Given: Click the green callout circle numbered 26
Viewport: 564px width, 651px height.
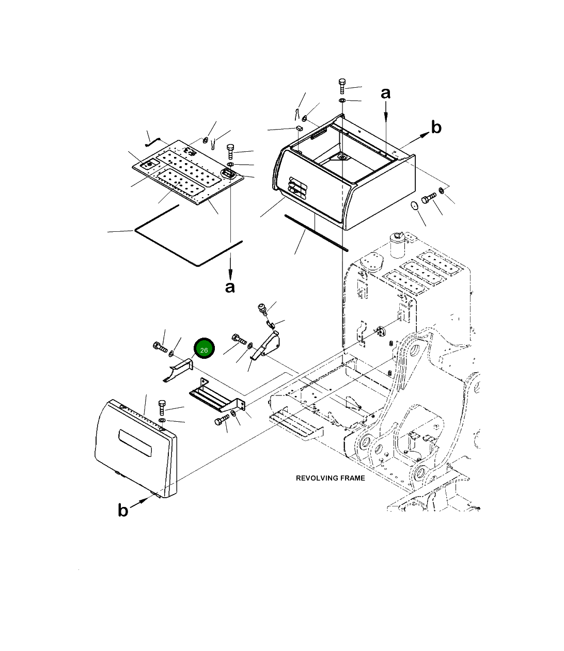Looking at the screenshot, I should pos(204,350).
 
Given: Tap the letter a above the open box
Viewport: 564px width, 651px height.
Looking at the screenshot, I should pos(386,93).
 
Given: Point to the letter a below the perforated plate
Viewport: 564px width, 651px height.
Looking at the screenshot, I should pos(230,287).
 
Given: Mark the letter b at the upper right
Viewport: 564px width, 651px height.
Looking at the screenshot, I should pos(436,127).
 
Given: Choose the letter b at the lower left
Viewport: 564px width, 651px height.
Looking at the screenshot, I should pos(122,510).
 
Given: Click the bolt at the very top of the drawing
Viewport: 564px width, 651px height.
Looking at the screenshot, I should pos(342,86).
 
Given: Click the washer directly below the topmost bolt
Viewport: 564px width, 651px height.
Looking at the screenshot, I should pos(342,100).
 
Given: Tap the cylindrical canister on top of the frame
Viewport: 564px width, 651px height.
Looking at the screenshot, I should pos(398,244).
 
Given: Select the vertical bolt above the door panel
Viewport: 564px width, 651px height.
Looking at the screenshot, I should pos(162,407).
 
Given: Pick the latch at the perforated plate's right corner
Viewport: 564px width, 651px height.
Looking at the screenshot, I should pos(227,174).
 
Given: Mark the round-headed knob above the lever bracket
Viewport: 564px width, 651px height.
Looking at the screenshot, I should pos(262,309).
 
